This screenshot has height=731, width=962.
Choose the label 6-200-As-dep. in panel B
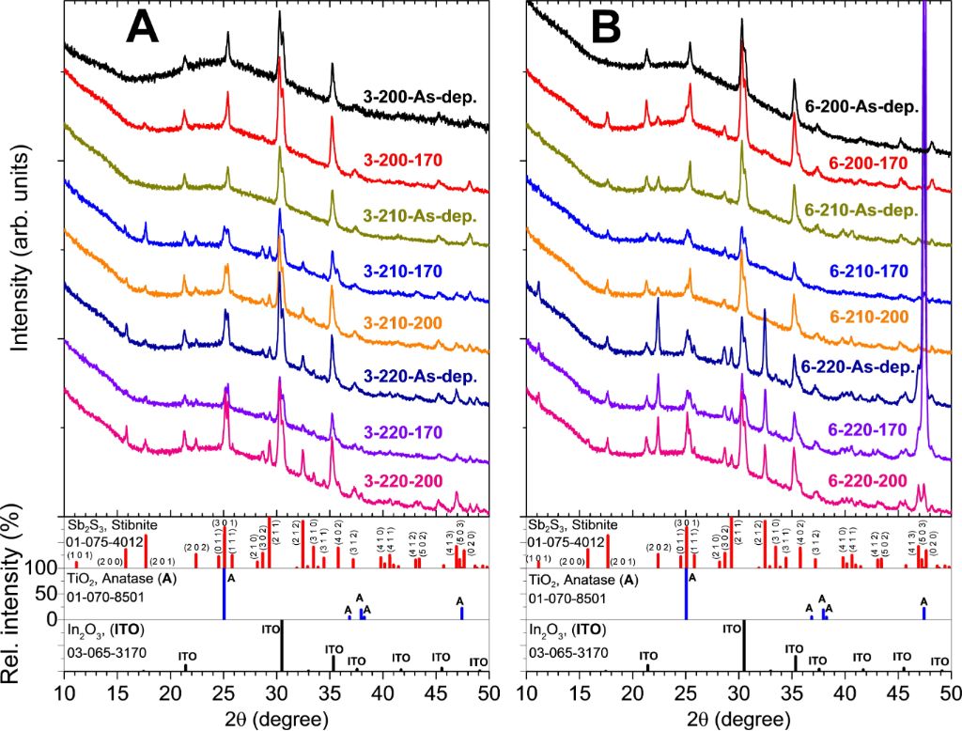pyautogui.click(x=862, y=107)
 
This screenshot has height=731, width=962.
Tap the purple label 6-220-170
pyautogui.click(x=869, y=428)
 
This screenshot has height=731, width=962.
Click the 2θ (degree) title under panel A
pyautogui.click(x=276, y=719)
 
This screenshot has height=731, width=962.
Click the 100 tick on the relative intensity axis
pyautogui.click(x=43, y=568)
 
